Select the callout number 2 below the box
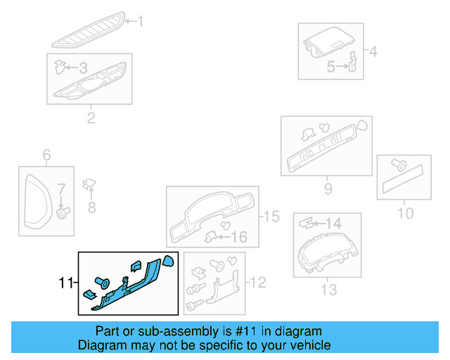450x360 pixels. [x=91, y=117]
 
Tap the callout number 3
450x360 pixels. [x=83, y=68]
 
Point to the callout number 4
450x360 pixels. [x=373, y=51]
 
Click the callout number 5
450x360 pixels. [x=330, y=67]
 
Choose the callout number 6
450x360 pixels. [x=47, y=155]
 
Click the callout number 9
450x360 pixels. [x=328, y=188]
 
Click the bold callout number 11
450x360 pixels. [x=65, y=283]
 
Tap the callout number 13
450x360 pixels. [x=328, y=289]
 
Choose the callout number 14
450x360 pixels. [x=333, y=223]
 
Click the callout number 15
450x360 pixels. [x=271, y=217]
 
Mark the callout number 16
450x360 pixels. [x=239, y=237]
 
